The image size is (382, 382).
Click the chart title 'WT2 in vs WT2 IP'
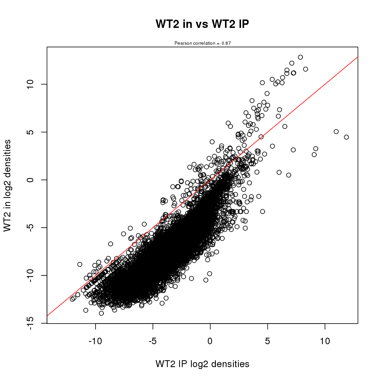[202, 24]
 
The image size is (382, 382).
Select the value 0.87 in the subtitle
[226, 43]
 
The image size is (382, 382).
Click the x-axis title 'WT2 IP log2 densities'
[202, 364]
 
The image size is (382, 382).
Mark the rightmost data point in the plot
[346, 137]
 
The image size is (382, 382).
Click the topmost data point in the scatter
[300, 57]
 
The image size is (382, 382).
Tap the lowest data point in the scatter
[101, 313]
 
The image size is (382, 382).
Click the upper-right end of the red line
[358, 57]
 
